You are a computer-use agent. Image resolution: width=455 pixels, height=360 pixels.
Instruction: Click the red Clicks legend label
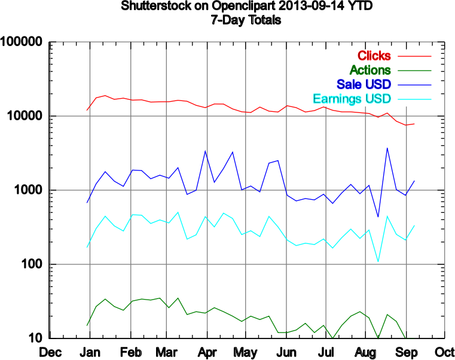point(374,56)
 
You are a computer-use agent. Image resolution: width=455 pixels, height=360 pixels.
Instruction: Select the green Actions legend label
point(370,70)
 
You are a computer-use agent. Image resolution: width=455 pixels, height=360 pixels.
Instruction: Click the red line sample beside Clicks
point(414,56)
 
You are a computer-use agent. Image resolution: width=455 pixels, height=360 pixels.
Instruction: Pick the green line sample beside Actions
point(414,71)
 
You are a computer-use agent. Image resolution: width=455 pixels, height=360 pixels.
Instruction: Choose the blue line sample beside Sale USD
point(414,84)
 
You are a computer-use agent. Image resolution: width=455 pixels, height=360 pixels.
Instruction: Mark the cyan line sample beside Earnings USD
point(414,99)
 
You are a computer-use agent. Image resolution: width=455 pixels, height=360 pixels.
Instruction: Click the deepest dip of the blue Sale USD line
point(378,216)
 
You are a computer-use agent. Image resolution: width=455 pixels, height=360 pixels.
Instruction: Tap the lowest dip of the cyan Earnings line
point(378,261)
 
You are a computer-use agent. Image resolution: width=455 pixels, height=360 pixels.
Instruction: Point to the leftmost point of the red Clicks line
point(87,111)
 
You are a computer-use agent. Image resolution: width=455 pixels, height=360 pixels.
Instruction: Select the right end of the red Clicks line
point(414,124)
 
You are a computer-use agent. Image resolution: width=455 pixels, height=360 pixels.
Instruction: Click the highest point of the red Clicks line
point(105,96)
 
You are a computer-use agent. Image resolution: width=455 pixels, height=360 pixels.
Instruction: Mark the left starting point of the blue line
point(87,203)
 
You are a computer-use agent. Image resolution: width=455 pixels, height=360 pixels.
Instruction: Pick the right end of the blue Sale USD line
point(414,181)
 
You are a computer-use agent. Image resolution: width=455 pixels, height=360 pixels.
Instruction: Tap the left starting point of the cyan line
point(87,247)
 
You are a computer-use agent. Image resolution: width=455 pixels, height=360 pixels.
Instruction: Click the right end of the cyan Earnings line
point(414,225)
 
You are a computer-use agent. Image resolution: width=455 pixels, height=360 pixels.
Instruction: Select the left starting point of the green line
point(87,326)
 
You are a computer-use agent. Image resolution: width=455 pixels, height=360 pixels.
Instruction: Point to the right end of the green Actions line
point(407,337)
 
